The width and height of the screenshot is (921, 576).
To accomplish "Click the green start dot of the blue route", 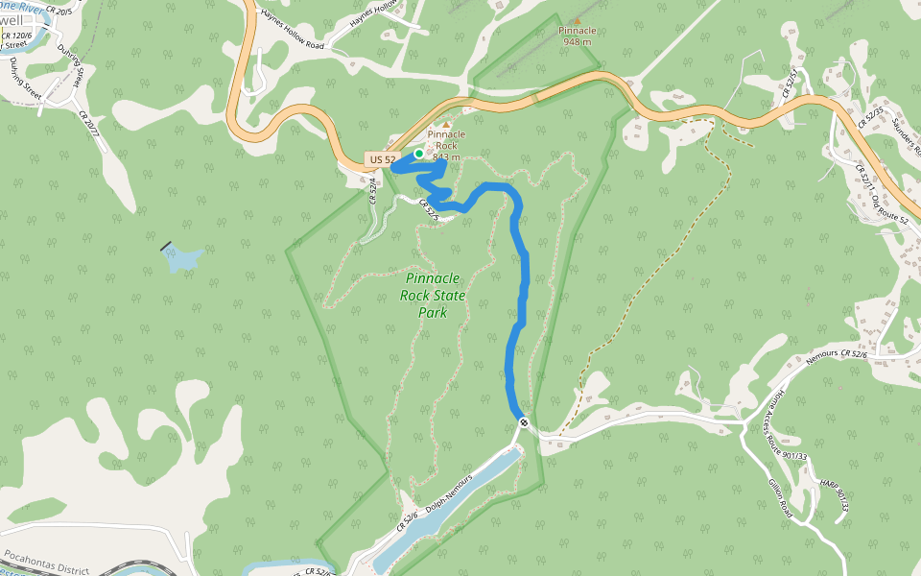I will [419, 154].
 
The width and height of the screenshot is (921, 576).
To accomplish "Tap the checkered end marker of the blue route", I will [524, 422].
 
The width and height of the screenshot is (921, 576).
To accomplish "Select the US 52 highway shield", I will [381, 159].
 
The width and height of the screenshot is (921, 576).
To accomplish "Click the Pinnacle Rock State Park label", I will [433, 296].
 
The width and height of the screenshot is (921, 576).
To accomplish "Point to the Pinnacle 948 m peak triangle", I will [577, 19].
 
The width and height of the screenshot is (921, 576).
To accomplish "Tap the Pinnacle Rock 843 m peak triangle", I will [446, 124].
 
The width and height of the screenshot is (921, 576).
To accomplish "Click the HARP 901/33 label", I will [835, 494].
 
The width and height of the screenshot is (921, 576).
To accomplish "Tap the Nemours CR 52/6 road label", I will [837, 354].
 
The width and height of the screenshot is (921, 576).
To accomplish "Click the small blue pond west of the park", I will [182, 257].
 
